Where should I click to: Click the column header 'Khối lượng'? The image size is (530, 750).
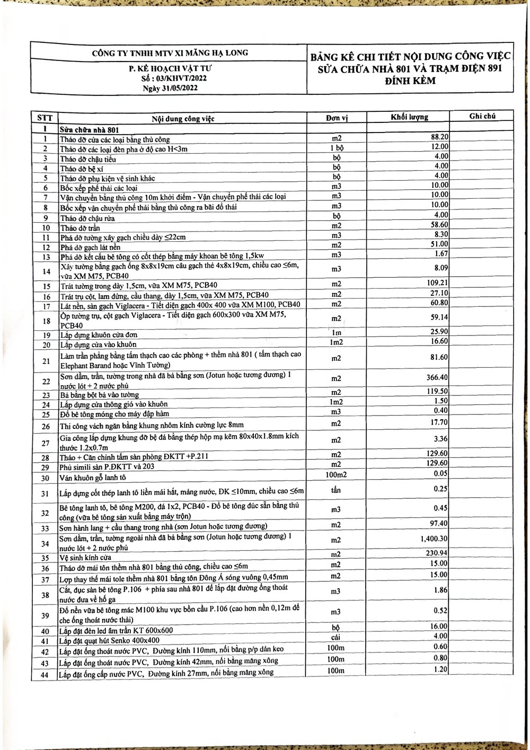[409, 117]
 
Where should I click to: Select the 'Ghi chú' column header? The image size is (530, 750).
[482, 116]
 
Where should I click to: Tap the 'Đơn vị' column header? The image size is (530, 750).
[337, 118]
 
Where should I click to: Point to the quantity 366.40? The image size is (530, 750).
[437, 377]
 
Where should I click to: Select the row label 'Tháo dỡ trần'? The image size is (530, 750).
[80, 228]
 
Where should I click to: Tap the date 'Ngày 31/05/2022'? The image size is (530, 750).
[170, 87]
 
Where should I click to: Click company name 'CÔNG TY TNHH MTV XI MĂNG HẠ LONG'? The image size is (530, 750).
[170, 53]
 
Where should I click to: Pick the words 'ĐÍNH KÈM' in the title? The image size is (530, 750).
[410, 81]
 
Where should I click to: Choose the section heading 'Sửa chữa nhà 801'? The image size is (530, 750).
[89, 130]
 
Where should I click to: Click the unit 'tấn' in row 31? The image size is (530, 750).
[336, 490]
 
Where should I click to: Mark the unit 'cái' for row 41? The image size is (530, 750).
[335, 637]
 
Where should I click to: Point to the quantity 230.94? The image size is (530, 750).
[437, 553]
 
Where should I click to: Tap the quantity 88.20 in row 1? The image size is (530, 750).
[439, 137]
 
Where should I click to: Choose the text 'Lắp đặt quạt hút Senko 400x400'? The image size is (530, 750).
[110, 640]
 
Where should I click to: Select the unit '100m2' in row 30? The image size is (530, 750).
[336, 474]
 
